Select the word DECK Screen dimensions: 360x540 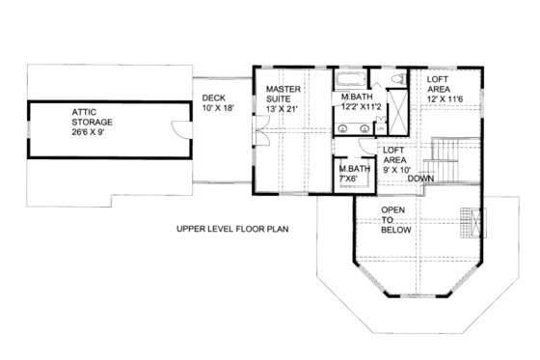coord(214,97)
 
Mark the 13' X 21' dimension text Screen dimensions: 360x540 coord(284,107)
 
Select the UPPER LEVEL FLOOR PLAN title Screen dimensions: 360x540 coord(231,229)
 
